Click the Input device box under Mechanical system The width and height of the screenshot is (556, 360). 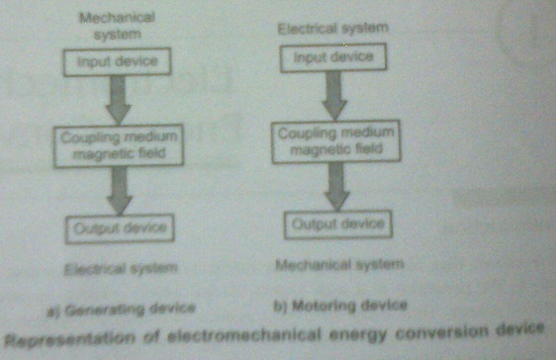[x=120, y=63]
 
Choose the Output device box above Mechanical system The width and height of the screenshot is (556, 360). [x=335, y=224]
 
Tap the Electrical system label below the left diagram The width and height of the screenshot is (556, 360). [x=118, y=268]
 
